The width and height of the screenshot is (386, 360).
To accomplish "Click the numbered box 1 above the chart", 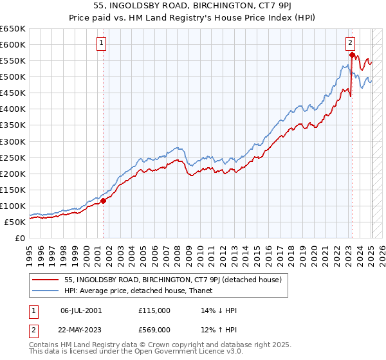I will [x=102, y=44].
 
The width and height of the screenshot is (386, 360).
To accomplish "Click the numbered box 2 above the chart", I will [x=350, y=44].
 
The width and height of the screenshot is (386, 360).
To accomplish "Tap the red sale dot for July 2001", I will [x=103, y=201].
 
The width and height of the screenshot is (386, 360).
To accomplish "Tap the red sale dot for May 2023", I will [x=352, y=55].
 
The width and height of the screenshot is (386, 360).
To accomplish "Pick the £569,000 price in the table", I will [x=154, y=330].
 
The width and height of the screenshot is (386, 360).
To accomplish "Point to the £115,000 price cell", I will [x=154, y=310].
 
